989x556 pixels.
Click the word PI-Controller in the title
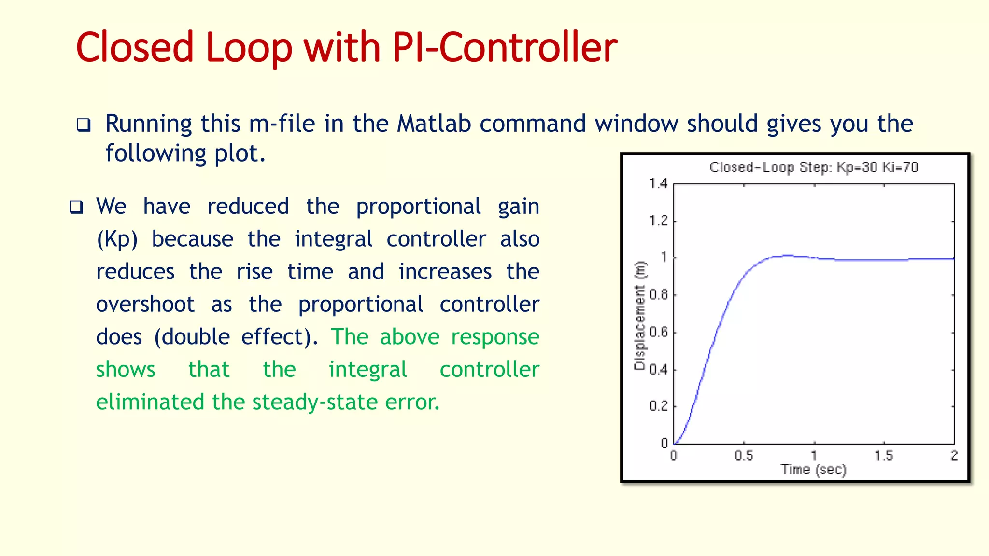[505, 47]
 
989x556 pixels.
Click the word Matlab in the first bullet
[434, 124]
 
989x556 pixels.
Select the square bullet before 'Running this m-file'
[84, 125]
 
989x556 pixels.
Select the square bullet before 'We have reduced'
[76, 208]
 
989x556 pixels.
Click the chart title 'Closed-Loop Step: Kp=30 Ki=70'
[814, 167]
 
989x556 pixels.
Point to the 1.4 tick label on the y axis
[658, 183]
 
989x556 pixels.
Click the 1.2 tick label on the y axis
[658, 221]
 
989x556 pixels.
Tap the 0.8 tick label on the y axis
[659, 294]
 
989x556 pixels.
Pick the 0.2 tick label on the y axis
[659, 406]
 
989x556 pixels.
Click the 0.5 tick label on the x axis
[744, 456]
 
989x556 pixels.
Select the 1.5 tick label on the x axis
[884, 456]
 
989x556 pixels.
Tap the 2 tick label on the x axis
[954, 456]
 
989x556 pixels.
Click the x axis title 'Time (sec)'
[814, 469]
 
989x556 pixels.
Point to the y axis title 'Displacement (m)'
[640, 316]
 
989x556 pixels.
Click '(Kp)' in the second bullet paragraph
[117, 239]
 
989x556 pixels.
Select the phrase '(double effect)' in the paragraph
[236, 337]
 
